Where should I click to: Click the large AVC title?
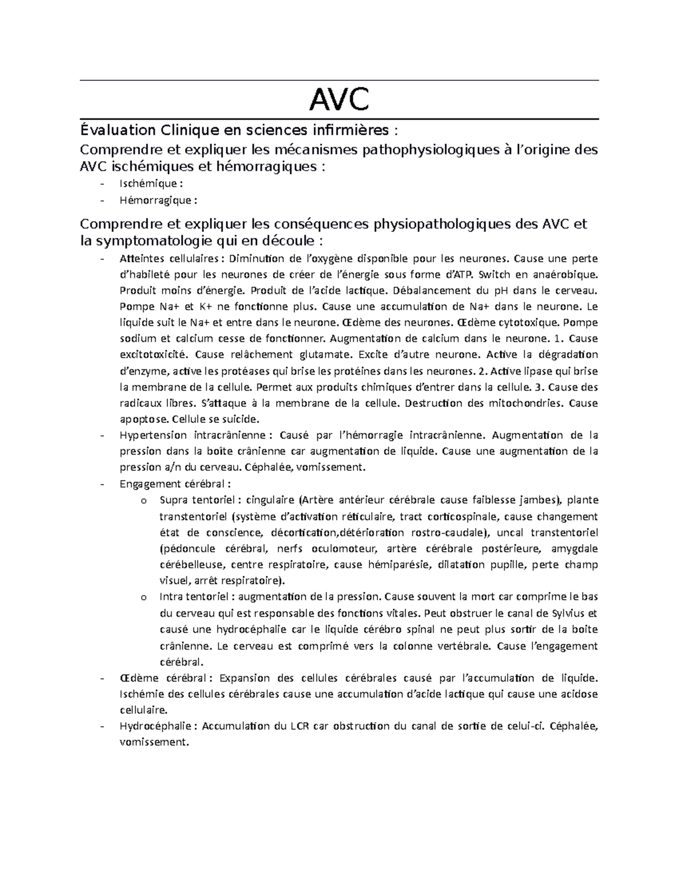tap(339, 100)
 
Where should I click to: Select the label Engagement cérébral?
tap(173, 484)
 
